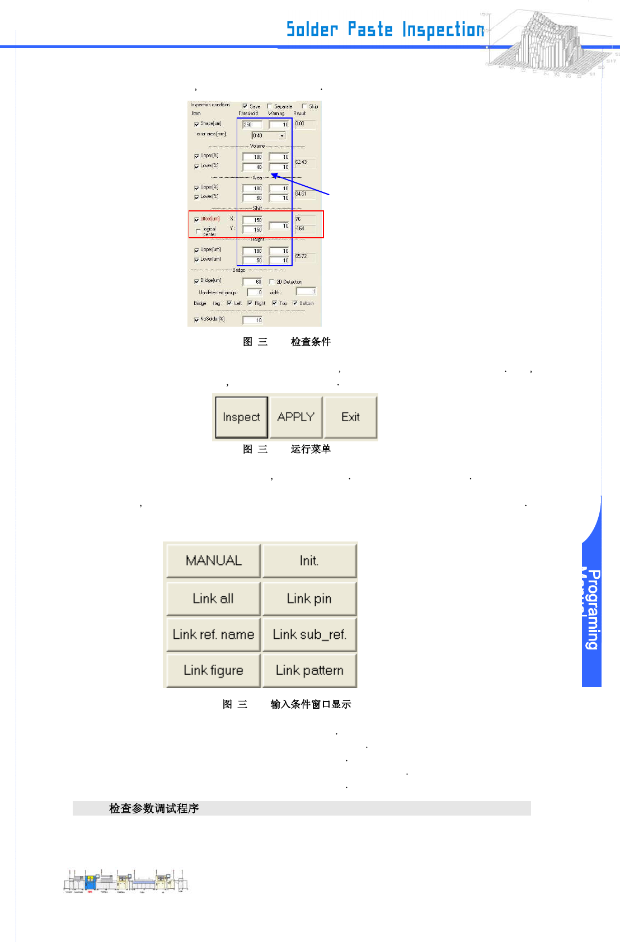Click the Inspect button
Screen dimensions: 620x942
tap(241, 417)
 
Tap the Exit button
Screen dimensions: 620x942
tap(350, 417)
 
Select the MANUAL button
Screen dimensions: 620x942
tap(213, 561)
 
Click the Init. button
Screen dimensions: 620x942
tap(309, 561)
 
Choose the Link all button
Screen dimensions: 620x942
tap(213, 599)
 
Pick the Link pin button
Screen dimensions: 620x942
tap(309, 599)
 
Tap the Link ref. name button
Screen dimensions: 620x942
tap(213, 634)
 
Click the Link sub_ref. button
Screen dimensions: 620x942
tap(309, 634)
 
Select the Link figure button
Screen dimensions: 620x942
tap(213, 670)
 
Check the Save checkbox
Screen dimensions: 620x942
tap(245, 106)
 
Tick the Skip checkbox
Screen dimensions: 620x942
tap(304, 106)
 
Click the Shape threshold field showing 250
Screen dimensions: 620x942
tap(252, 125)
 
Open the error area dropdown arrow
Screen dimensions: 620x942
tap(282, 136)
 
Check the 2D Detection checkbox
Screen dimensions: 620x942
tap(272, 282)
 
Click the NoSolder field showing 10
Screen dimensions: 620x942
tap(252, 320)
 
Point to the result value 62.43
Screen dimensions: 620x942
tap(301, 162)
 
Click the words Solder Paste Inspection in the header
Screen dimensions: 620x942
tap(385, 29)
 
